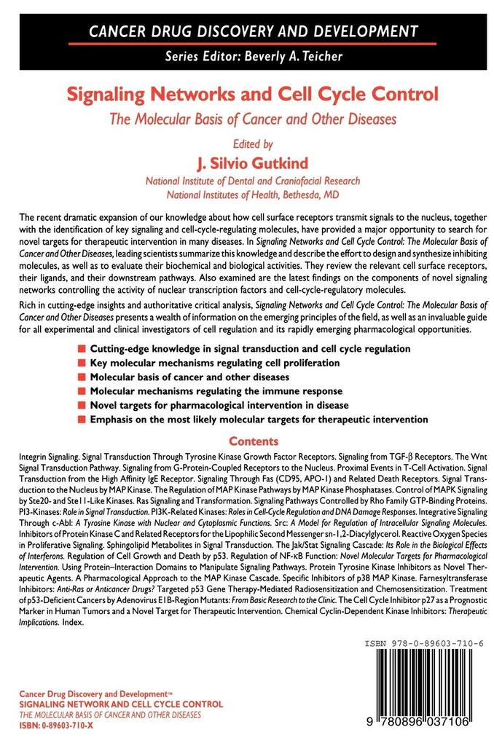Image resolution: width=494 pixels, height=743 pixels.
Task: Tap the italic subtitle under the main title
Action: coord(252,119)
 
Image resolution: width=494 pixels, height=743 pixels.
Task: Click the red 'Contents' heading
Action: coord(254,441)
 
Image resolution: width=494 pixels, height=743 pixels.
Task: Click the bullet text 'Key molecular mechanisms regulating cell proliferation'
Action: coord(214,363)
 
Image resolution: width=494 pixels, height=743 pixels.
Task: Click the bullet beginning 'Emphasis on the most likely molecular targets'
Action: coord(259,420)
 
